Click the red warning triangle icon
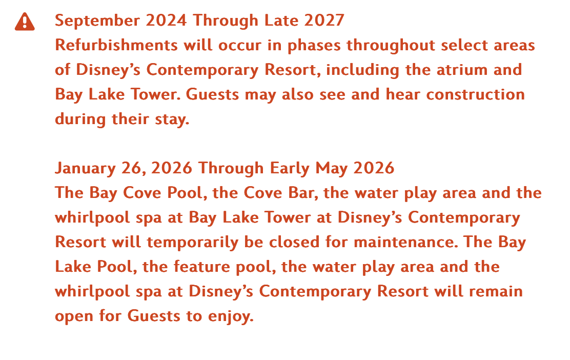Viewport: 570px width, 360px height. coord(25,22)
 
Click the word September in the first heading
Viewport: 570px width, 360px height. coord(97,21)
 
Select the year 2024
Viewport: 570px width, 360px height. coord(166,21)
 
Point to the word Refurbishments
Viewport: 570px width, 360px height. coord(116,45)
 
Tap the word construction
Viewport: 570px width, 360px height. coord(476,94)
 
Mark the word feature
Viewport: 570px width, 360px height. coord(202,267)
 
